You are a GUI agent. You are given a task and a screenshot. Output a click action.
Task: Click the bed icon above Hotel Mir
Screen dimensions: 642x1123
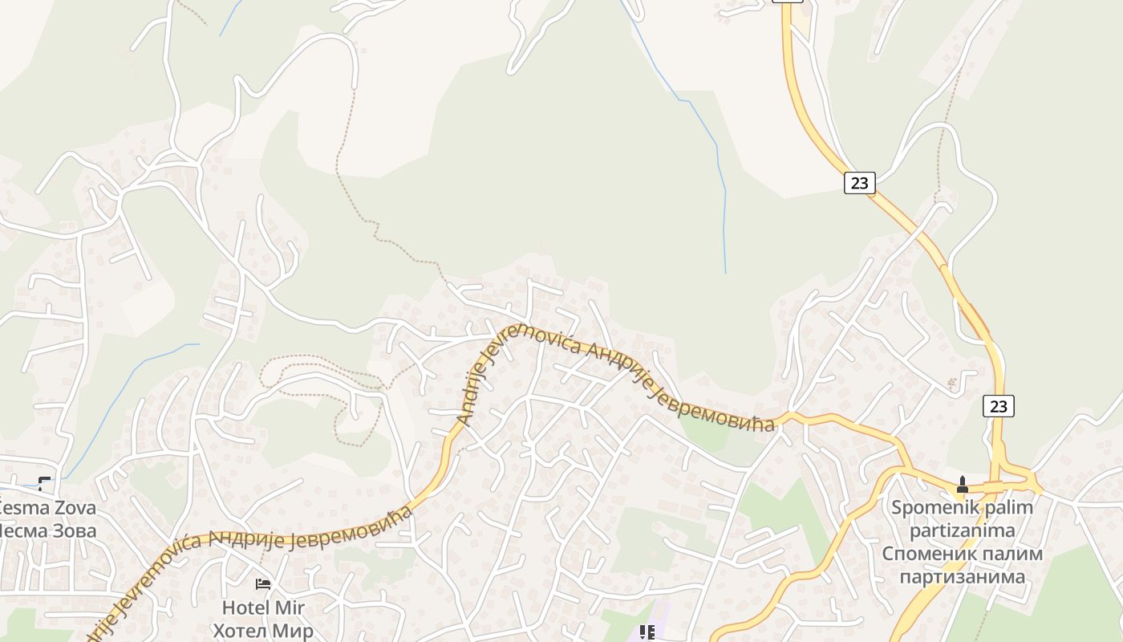pyautogui.click(x=263, y=584)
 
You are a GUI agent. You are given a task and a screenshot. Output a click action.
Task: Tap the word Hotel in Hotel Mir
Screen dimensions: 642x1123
pyautogui.click(x=245, y=607)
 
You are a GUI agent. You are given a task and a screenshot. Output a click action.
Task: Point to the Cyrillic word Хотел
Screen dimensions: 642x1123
pyautogui.click(x=240, y=630)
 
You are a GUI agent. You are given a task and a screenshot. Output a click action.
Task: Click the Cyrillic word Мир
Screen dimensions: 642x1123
pyautogui.click(x=293, y=630)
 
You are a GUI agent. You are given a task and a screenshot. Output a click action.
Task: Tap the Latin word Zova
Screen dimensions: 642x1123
pyautogui.click(x=75, y=508)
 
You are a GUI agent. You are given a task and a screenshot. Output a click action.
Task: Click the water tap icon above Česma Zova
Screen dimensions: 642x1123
pyautogui.click(x=45, y=483)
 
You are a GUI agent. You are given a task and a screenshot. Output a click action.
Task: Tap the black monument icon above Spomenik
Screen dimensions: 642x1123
pyautogui.click(x=963, y=485)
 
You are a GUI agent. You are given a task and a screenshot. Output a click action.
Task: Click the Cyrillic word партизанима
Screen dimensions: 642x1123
pyautogui.click(x=963, y=576)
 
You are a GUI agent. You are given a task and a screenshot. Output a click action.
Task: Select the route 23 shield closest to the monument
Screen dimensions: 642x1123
pyautogui.click(x=998, y=407)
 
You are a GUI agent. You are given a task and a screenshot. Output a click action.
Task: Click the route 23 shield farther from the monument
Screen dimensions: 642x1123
pyautogui.click(x=859, y=183)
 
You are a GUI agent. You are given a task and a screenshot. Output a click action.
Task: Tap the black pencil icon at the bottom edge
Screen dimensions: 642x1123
pyautogui.click(x=647, y=632)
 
